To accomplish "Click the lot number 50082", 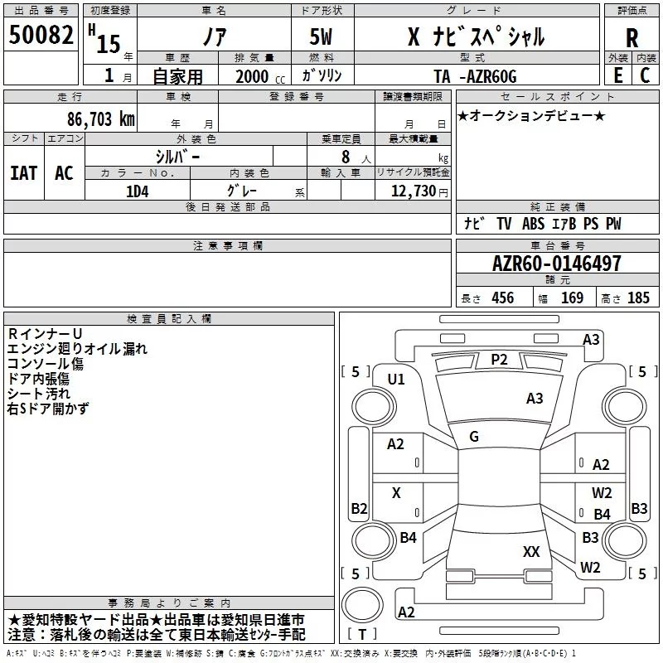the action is (x=41, y=34).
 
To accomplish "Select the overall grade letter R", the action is (x=632, y=38).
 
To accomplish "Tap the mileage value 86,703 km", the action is (x=101, y=119).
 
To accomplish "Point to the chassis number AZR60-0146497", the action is (x=557, y=263).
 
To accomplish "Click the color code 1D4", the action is (x=138, y=191).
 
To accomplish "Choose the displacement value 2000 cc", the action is (x=260, y=76).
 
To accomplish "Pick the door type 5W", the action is (x=321, y=36).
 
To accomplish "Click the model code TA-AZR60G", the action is (x=475, y=76).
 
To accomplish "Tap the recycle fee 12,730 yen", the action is (x=419, y=191).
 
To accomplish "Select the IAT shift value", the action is (x=24, y=173).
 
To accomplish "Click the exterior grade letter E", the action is (x=618, y=75).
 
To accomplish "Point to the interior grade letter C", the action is (x=645, y=75).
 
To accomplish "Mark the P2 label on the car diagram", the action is (x=499, y=360).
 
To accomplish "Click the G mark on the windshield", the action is (x=474, y=437).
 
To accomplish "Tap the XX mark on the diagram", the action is (x=531, y=551).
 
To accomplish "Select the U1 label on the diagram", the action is (x=396, y=380).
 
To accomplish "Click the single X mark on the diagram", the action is (x=396, y=492).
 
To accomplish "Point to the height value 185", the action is (x=638, y=298).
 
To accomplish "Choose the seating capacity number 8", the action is (x=346, y=157).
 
